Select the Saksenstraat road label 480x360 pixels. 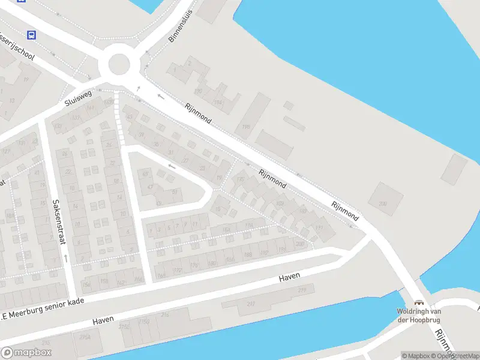(x=58, y=222)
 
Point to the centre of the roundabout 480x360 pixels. (x=119, y=63)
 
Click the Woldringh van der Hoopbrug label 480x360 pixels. (x=419, y=315)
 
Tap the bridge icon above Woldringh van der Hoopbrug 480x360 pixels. (x=419, y=303)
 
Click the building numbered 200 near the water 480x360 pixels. (x=383, y=204)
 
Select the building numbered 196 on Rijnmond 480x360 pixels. (x=245, y=127)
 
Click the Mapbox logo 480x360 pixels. (x=26, y=353)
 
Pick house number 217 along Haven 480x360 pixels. (x=251, y=304)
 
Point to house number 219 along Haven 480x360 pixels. (x=302, y=290)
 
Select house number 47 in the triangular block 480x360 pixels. (x=150, y=187)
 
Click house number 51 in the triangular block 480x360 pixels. (x=175, y=192)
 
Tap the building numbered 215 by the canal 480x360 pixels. (x=165, y=314)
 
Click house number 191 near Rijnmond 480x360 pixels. (x=319, y=228)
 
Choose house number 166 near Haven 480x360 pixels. (x=160, y=276)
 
